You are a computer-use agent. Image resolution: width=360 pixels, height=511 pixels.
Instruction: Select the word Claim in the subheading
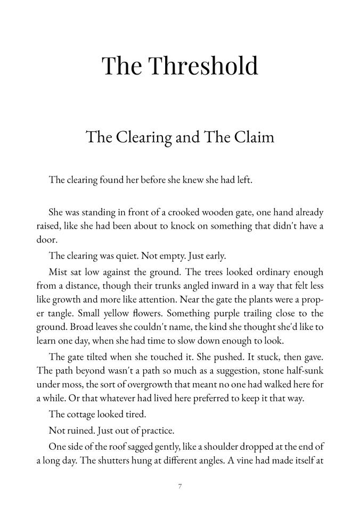(253, 137)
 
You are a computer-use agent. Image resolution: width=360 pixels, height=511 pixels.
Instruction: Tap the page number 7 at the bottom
(181, 485)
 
